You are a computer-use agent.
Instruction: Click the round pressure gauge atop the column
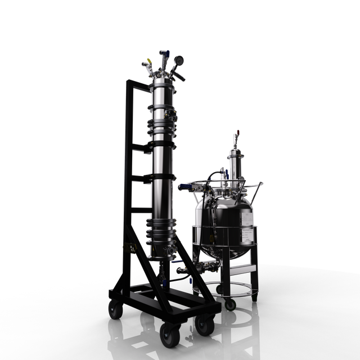pos(179,60)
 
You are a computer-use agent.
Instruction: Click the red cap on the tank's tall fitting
pos(237,134)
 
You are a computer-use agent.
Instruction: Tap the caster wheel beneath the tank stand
pos(229,304)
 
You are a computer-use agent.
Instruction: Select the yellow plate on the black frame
pos(129,248)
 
